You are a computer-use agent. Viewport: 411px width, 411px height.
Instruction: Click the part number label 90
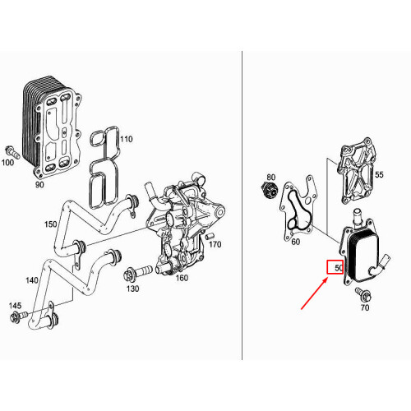(39, 185)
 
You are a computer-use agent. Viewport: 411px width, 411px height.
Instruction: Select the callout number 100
(7, 163)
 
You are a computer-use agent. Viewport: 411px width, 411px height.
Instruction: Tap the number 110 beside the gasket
(126, 139)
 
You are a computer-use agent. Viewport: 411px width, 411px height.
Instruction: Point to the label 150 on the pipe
(51, 224)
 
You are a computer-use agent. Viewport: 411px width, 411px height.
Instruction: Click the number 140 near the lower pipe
(32, 280)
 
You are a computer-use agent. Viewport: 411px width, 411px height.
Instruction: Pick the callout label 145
(15, 306)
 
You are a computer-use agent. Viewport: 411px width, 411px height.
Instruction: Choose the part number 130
(132, 289)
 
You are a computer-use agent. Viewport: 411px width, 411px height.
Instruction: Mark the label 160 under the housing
(182, 278)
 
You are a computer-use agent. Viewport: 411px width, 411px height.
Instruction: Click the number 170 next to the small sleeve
(215, 244)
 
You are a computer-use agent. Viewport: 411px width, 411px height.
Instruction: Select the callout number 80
(270, 178)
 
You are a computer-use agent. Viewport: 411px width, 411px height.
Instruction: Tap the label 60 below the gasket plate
(296, 242)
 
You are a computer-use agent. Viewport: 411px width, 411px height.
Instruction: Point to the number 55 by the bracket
(379, 174)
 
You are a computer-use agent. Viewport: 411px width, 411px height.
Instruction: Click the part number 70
(365, 307)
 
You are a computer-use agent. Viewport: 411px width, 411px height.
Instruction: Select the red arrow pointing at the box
(315, 293)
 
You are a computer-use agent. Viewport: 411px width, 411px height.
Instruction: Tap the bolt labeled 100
(12, 152)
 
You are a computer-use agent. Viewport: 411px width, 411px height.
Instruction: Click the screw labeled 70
(363, 294)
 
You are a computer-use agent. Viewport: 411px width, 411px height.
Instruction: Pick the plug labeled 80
(269, 190)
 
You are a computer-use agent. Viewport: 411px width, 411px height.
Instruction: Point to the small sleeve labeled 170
(210, 236)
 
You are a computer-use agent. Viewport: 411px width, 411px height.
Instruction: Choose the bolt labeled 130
(137, 273)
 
